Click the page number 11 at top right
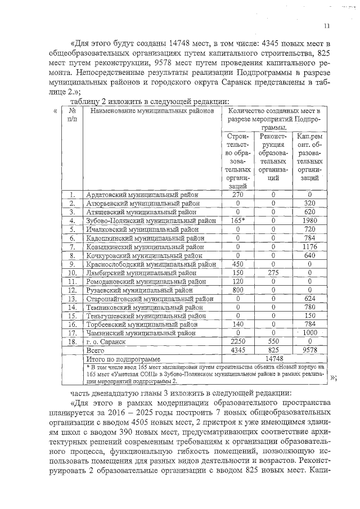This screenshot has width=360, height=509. click(x=327, y=26)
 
